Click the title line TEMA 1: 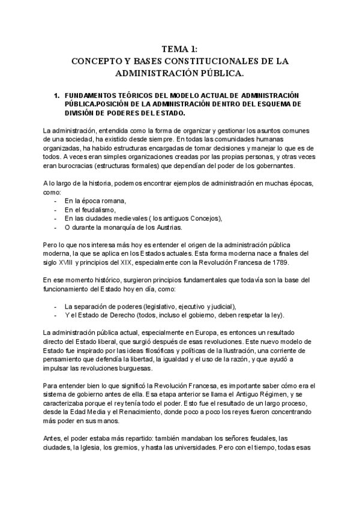[x=180, y=49]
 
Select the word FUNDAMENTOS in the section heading [x=88, y=95]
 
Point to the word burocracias [x=72, y=166]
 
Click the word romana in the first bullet [x=113, y=201]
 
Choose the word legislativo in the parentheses [x=166, y=306]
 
